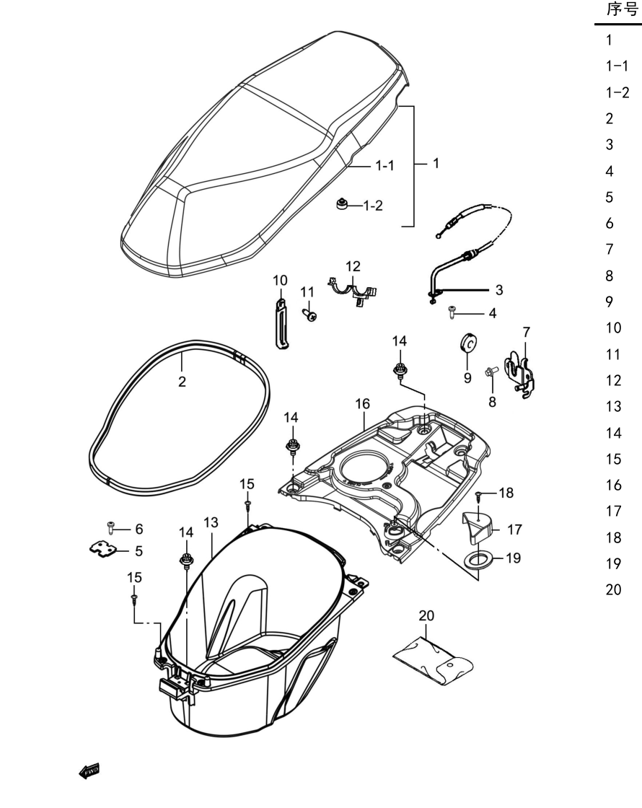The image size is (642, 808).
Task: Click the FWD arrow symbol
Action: tap(89, 771)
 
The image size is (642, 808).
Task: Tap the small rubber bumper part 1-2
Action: tap(341, 204)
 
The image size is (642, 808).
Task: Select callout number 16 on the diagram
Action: tap(363, 403)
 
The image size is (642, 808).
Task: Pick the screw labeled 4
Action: tap(452, 312)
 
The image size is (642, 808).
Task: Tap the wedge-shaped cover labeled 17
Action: tap(478, 527)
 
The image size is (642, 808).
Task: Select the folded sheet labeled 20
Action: tap(434, 661)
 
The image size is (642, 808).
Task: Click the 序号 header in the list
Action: tap(623, 9)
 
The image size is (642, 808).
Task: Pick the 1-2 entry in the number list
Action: tap(617, 92)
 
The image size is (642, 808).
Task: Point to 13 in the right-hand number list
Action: tap(613, 407)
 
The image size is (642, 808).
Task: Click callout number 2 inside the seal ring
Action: tap(182, 382)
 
